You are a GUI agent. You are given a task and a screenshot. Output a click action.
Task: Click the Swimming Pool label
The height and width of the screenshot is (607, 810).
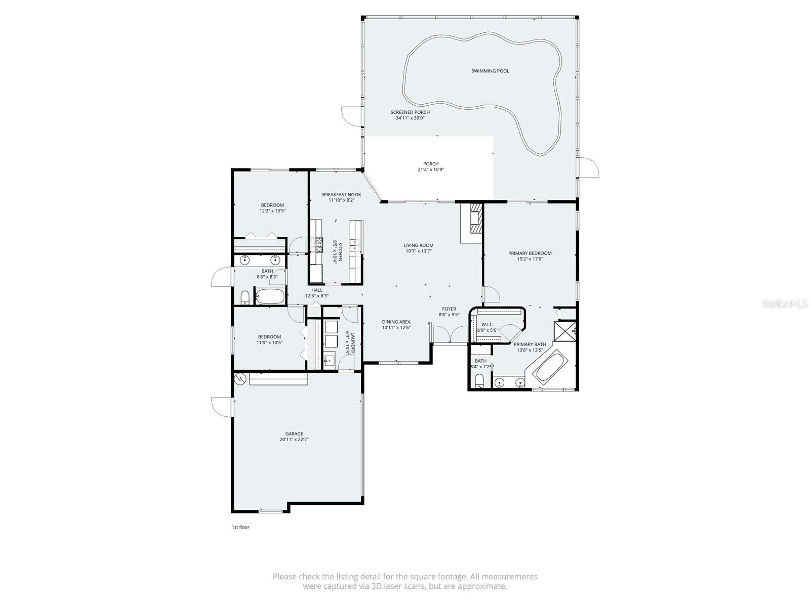[x=490, y=71]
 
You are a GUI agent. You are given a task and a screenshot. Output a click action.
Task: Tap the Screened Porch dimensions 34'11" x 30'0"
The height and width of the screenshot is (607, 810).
[x=410, y=118]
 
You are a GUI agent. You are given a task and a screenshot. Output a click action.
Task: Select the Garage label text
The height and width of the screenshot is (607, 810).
[x=294, y=433]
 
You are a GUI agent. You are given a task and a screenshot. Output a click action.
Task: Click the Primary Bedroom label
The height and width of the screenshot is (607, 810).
[x=530, y=253]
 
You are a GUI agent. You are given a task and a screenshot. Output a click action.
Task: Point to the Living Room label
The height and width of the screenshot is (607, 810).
[x=419, y=245]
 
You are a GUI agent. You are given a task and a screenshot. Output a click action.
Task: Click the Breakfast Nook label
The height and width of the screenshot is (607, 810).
[x=341, y=194]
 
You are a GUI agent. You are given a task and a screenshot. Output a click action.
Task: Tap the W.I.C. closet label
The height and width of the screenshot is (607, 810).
[x=488, y=324]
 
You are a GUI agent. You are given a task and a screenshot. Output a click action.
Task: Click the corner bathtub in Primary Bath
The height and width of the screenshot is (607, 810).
[x=550, y=367]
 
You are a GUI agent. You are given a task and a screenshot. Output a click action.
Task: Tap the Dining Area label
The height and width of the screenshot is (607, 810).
[x=396, y=322]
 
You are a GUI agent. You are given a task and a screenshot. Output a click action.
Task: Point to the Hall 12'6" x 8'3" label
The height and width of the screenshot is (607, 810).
[x=317, y=290]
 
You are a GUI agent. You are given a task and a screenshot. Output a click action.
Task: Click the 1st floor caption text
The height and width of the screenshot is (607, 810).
[x=240, y=527]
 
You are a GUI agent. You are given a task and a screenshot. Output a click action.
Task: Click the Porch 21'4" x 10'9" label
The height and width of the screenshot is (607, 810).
[x=431, y=164]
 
